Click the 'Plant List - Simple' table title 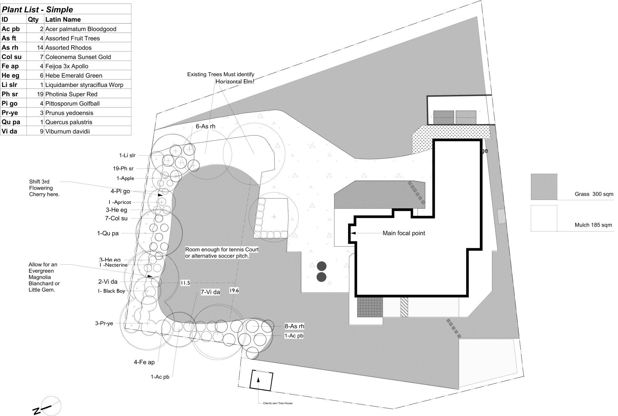pyautogui.click(x=37, y=9)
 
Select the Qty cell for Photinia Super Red pyautogui.click(x=35, y=94)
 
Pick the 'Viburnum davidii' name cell pyautogui.click(x=68, y=131)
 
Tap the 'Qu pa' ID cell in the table pyautogui.click(x=11, y=122)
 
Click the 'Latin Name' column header pyautogui.click(x=63, y=19)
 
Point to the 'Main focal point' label pyautogui.click(x=404, y=233)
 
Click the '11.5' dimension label pyautogui.click(x=185, y=283)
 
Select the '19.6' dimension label pyautogui.click(x=234, y=290)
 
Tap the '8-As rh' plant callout pyautogui.click(x=294, y=326)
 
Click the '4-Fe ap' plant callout pyautogui.click(x=144, y=362)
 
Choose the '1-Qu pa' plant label pyautogui.click(x=108, y=233)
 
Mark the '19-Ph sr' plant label pyautogui.click(x=123, y=168)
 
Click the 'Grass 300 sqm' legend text pyautogui.click(x=594, y=194)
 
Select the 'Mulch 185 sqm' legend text pyautogui.click(x=593, y=225)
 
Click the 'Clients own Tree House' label pyautogui.click(x=277, y=403)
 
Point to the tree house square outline pyautogui.click(x=262, y=380)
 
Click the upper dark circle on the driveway pyautogui.click(x=322, y=266)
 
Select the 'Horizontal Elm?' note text pyautogui.click(x=235, y=81)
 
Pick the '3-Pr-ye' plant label pyautogui.click(x=104, y=323)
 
